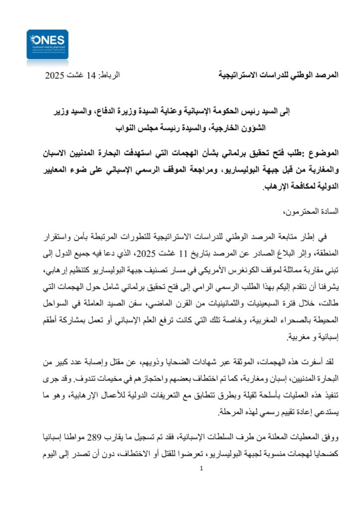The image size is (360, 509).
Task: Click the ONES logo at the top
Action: tap(47, 48)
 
